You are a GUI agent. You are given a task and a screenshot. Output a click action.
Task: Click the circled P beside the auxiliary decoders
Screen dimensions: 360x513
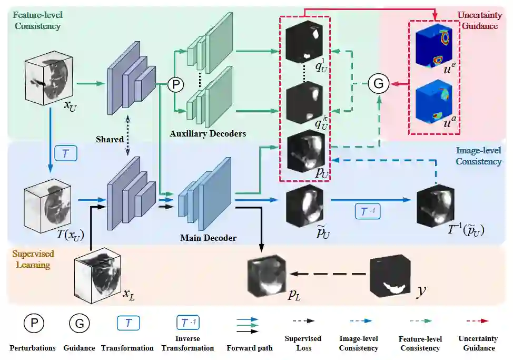click(x=174, y=84)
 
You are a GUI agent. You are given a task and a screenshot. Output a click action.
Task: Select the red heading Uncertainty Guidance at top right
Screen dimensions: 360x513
click(x=478, y=20)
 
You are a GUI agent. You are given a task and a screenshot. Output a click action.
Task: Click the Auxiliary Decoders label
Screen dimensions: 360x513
click(x=208, y=133)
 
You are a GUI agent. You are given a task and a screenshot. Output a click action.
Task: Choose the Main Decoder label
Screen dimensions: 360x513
click(x=208, y=238)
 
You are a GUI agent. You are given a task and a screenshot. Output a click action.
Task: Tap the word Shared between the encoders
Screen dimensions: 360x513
click(x=110, y=139)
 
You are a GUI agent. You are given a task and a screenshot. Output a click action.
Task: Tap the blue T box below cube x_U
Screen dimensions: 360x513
click(x=66, y=153)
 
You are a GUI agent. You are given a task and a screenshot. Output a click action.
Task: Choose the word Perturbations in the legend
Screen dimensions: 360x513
click(x=33, y=348)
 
